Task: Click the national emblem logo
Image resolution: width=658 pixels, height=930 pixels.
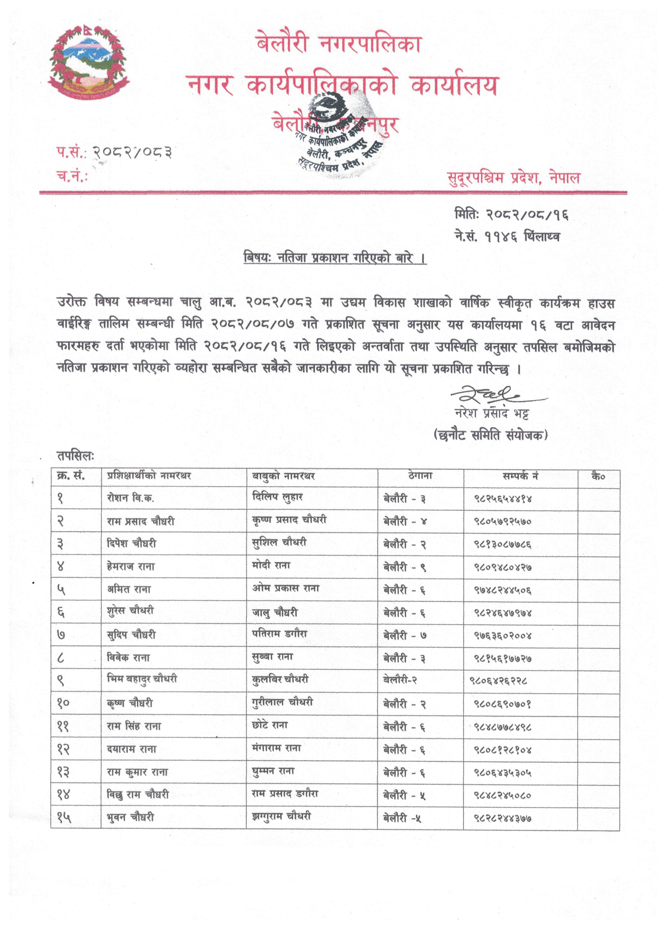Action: tap(88, 63)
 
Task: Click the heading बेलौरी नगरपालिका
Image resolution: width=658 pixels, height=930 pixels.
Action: tap(339, 44)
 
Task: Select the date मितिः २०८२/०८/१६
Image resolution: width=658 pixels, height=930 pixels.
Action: tap(511, 215)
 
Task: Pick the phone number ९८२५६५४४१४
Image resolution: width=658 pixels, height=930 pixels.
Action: tap(503, 499)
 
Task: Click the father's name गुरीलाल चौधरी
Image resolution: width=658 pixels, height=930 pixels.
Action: tap(282, 702)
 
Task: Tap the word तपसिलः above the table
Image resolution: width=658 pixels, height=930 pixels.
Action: tap(75, 456)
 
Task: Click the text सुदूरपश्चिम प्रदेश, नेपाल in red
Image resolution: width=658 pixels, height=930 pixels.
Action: tap(513, 177)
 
